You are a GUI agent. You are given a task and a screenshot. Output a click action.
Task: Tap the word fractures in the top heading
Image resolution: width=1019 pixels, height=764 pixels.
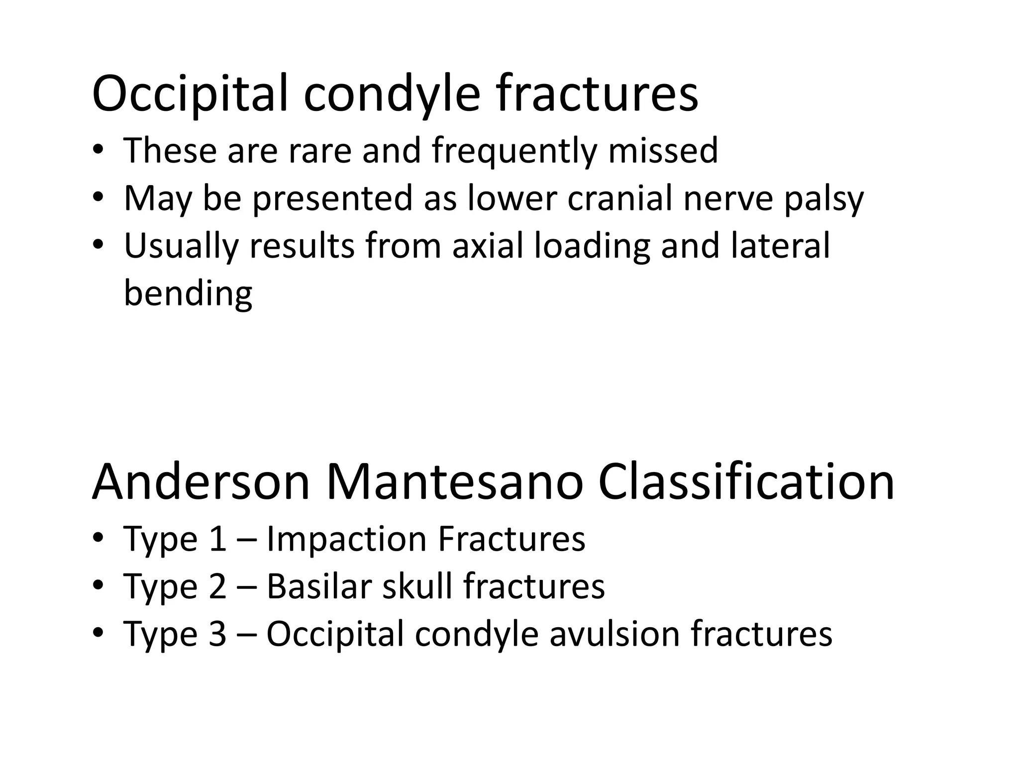coord(597,94)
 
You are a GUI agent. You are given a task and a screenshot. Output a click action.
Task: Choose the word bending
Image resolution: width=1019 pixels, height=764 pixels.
coord(188,293)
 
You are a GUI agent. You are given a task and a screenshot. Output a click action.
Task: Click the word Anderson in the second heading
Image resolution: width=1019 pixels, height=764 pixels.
coord(201,482)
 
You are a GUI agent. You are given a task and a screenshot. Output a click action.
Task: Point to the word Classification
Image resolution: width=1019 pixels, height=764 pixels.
coord(746,482)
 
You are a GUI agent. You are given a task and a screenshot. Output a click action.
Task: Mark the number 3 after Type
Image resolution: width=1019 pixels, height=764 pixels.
coord(217,634)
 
